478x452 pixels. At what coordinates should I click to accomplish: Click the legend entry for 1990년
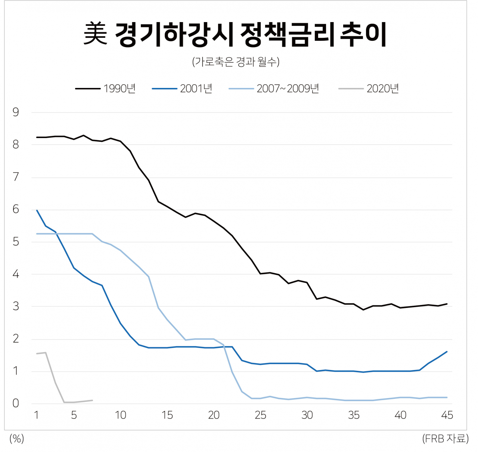(105, 89)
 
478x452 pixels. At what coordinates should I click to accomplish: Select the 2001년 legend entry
(182, 89)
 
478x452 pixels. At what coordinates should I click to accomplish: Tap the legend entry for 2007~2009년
(274, 89)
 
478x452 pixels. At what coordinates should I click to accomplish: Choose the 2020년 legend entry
(369, 89)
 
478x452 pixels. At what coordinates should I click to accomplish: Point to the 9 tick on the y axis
(16, 112)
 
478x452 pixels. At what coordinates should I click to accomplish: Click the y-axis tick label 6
(16, 210)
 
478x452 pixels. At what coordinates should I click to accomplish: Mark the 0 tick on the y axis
(16, 403)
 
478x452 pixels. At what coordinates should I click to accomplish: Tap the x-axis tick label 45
(447, 415)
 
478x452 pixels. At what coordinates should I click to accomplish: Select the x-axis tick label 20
(214, 415)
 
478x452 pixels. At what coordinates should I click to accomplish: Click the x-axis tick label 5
(74, 415)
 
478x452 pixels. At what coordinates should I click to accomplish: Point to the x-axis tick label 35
(354, 415)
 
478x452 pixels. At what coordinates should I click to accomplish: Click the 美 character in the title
(95, 34)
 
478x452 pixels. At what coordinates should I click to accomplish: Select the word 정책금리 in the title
(287, 34)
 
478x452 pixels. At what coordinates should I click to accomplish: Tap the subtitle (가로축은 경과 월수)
(236, 62)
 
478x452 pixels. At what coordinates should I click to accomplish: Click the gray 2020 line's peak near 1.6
(46, 352)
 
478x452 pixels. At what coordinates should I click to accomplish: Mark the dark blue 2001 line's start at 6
(37, 210)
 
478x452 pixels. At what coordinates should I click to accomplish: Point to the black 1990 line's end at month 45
(447, 304)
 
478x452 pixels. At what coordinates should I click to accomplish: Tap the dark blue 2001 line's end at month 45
(447, 351)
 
